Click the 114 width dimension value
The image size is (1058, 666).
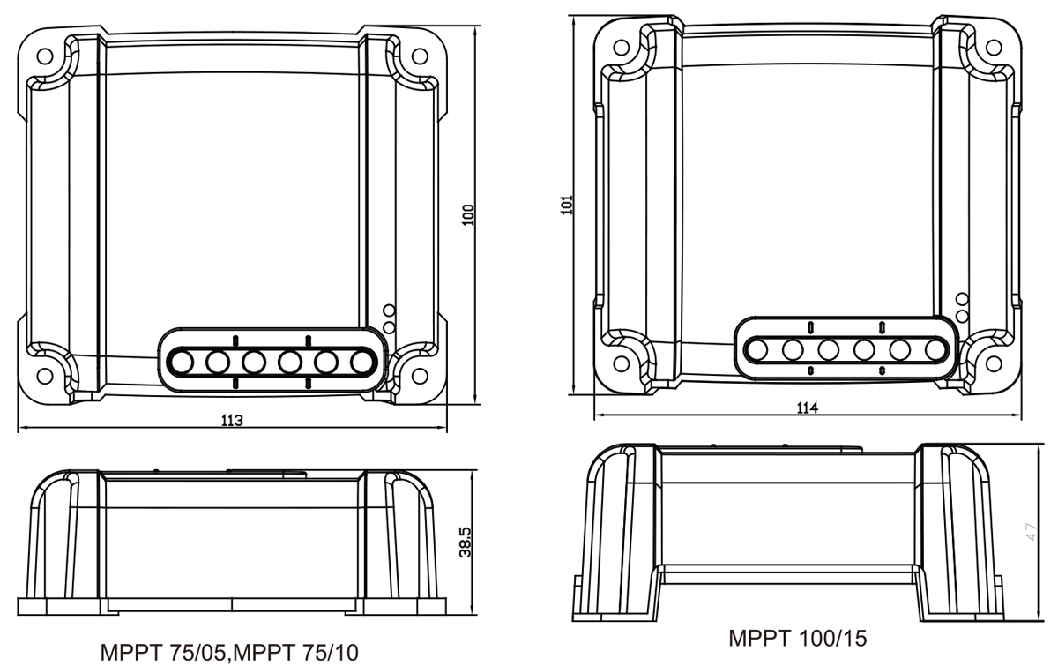(x=807, y=408)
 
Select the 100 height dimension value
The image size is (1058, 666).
(x=468, y=213)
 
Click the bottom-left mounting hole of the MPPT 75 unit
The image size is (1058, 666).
(x=44, y=371)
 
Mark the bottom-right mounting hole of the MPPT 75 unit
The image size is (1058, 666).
(x=420, y=371)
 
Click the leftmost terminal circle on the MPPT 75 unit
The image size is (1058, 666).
(x=182, y=361)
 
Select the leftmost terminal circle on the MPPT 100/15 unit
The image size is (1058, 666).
(x=756, y=349)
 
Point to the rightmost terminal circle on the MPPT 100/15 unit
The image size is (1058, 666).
(x=935, y=349)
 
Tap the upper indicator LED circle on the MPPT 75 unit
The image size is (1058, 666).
(x=388, y=311)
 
